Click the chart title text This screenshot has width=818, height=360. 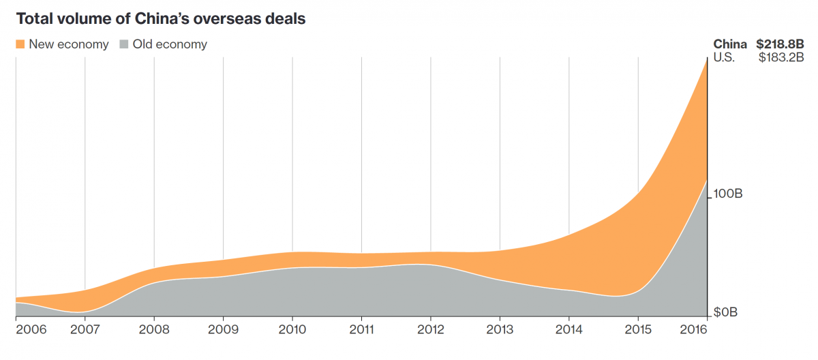[160, 18]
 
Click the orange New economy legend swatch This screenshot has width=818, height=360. [20, 44]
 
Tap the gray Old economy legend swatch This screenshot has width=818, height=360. [123, 44]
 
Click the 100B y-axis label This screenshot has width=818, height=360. [728, 194]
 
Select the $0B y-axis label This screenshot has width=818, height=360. [727, 313]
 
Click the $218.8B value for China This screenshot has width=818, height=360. [780, 44]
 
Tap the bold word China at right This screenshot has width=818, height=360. [730, 44]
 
